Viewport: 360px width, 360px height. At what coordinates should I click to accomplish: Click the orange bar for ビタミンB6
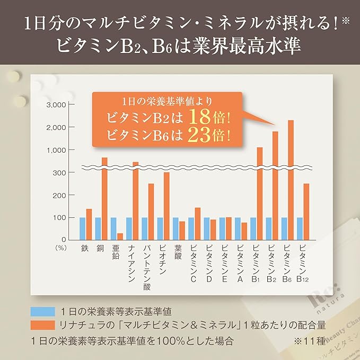(290, 180)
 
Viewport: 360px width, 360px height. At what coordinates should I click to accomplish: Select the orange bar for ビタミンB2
(275, 186)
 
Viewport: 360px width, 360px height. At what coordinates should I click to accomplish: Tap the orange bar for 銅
(104, 199)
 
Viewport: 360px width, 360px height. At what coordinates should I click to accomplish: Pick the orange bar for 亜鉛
(120, 236)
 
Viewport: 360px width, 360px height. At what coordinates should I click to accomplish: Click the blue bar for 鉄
(82, 229)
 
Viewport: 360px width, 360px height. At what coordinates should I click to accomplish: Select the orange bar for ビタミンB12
(306, 212)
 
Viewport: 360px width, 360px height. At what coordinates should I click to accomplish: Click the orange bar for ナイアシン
(135, 201)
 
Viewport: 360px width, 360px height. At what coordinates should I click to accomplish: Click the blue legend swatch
(43, 311)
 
